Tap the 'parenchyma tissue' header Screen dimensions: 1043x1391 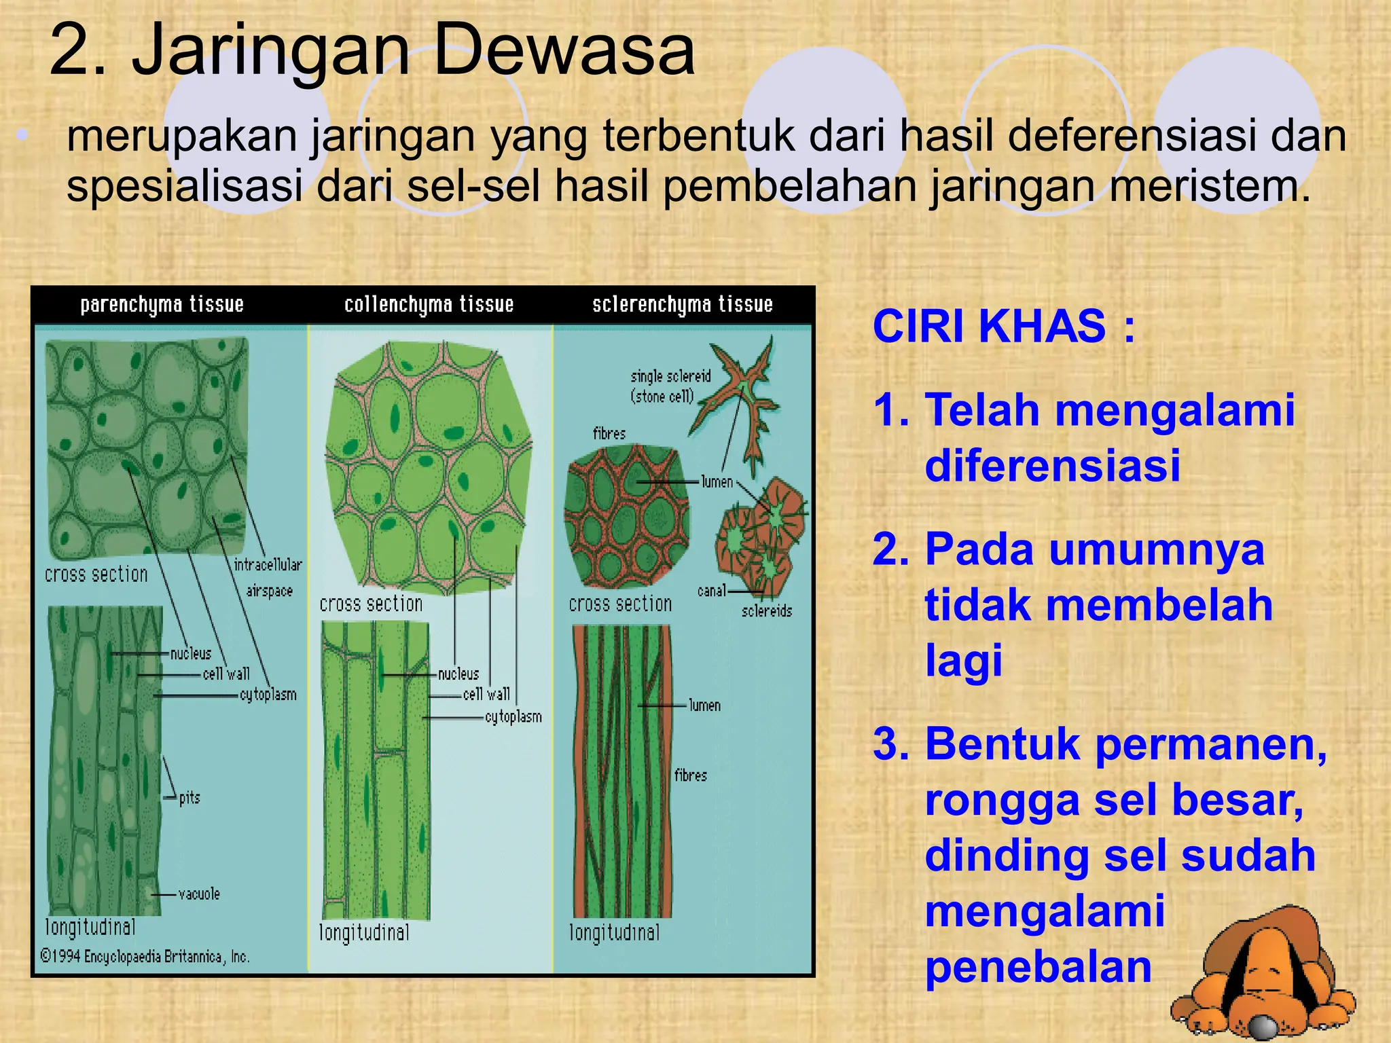coord(162,305)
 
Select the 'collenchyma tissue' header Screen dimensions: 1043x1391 coord(429,305)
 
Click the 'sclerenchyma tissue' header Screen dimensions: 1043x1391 coord(682,305)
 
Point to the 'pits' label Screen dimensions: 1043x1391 coord(189,798)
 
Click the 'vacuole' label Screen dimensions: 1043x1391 coord(199,894)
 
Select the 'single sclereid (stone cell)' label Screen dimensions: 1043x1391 coord(670,386)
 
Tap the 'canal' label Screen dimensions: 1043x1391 coord(711,591)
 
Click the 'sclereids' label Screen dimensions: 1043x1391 coord(767,611)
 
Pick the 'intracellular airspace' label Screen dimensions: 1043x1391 coord(268,577)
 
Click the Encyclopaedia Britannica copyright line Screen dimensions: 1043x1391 coord(145,957)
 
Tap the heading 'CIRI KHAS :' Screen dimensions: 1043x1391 coord(1003,327)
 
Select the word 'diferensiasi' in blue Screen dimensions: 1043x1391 coord(1052,466)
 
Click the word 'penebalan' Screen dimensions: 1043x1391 coord(1038,967)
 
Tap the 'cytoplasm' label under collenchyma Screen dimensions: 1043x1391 coord(513,717)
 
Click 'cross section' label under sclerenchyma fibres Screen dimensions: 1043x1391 coord(620,604)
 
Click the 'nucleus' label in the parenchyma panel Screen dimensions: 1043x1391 coord(191,654)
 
